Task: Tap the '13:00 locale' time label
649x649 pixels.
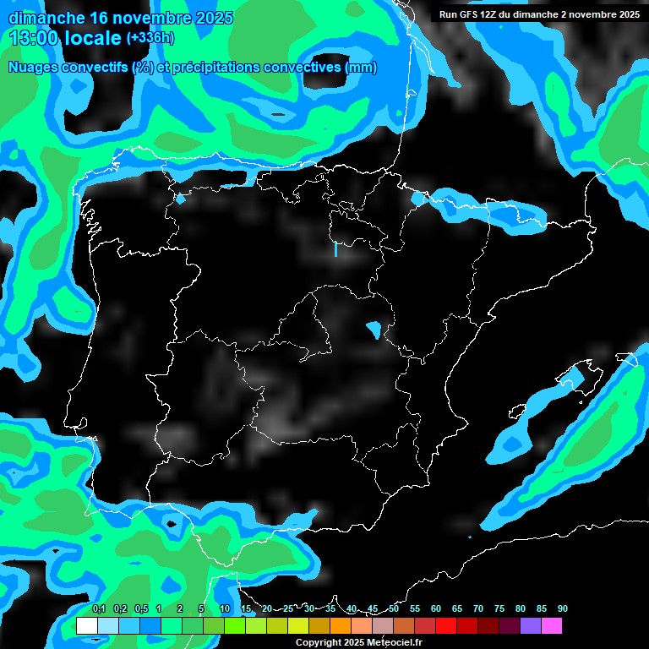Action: (x=64, y=38)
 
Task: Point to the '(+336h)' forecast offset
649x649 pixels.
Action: (x=150, y=38)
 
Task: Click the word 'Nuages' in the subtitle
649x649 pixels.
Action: (x=35, y=68)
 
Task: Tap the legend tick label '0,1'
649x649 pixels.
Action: (x=99, y=608)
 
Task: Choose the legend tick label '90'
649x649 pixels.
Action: (x=562, y=608)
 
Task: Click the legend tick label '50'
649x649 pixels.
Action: (x=394, y=608)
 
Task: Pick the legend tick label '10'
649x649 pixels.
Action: (x=225, y=608)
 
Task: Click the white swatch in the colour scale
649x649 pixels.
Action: (x=86, y=625)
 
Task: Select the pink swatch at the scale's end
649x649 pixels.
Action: (x=552, y=625)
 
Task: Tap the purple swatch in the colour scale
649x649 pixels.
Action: (x=531, y=625)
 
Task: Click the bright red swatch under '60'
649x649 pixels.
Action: (x=446, y=625)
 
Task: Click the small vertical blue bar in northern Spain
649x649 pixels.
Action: (x=335, y=249)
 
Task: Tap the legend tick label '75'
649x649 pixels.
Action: (x=499, y=608)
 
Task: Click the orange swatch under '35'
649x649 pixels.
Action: (x=341, y=625)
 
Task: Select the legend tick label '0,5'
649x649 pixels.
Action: (x=140, y=608)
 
